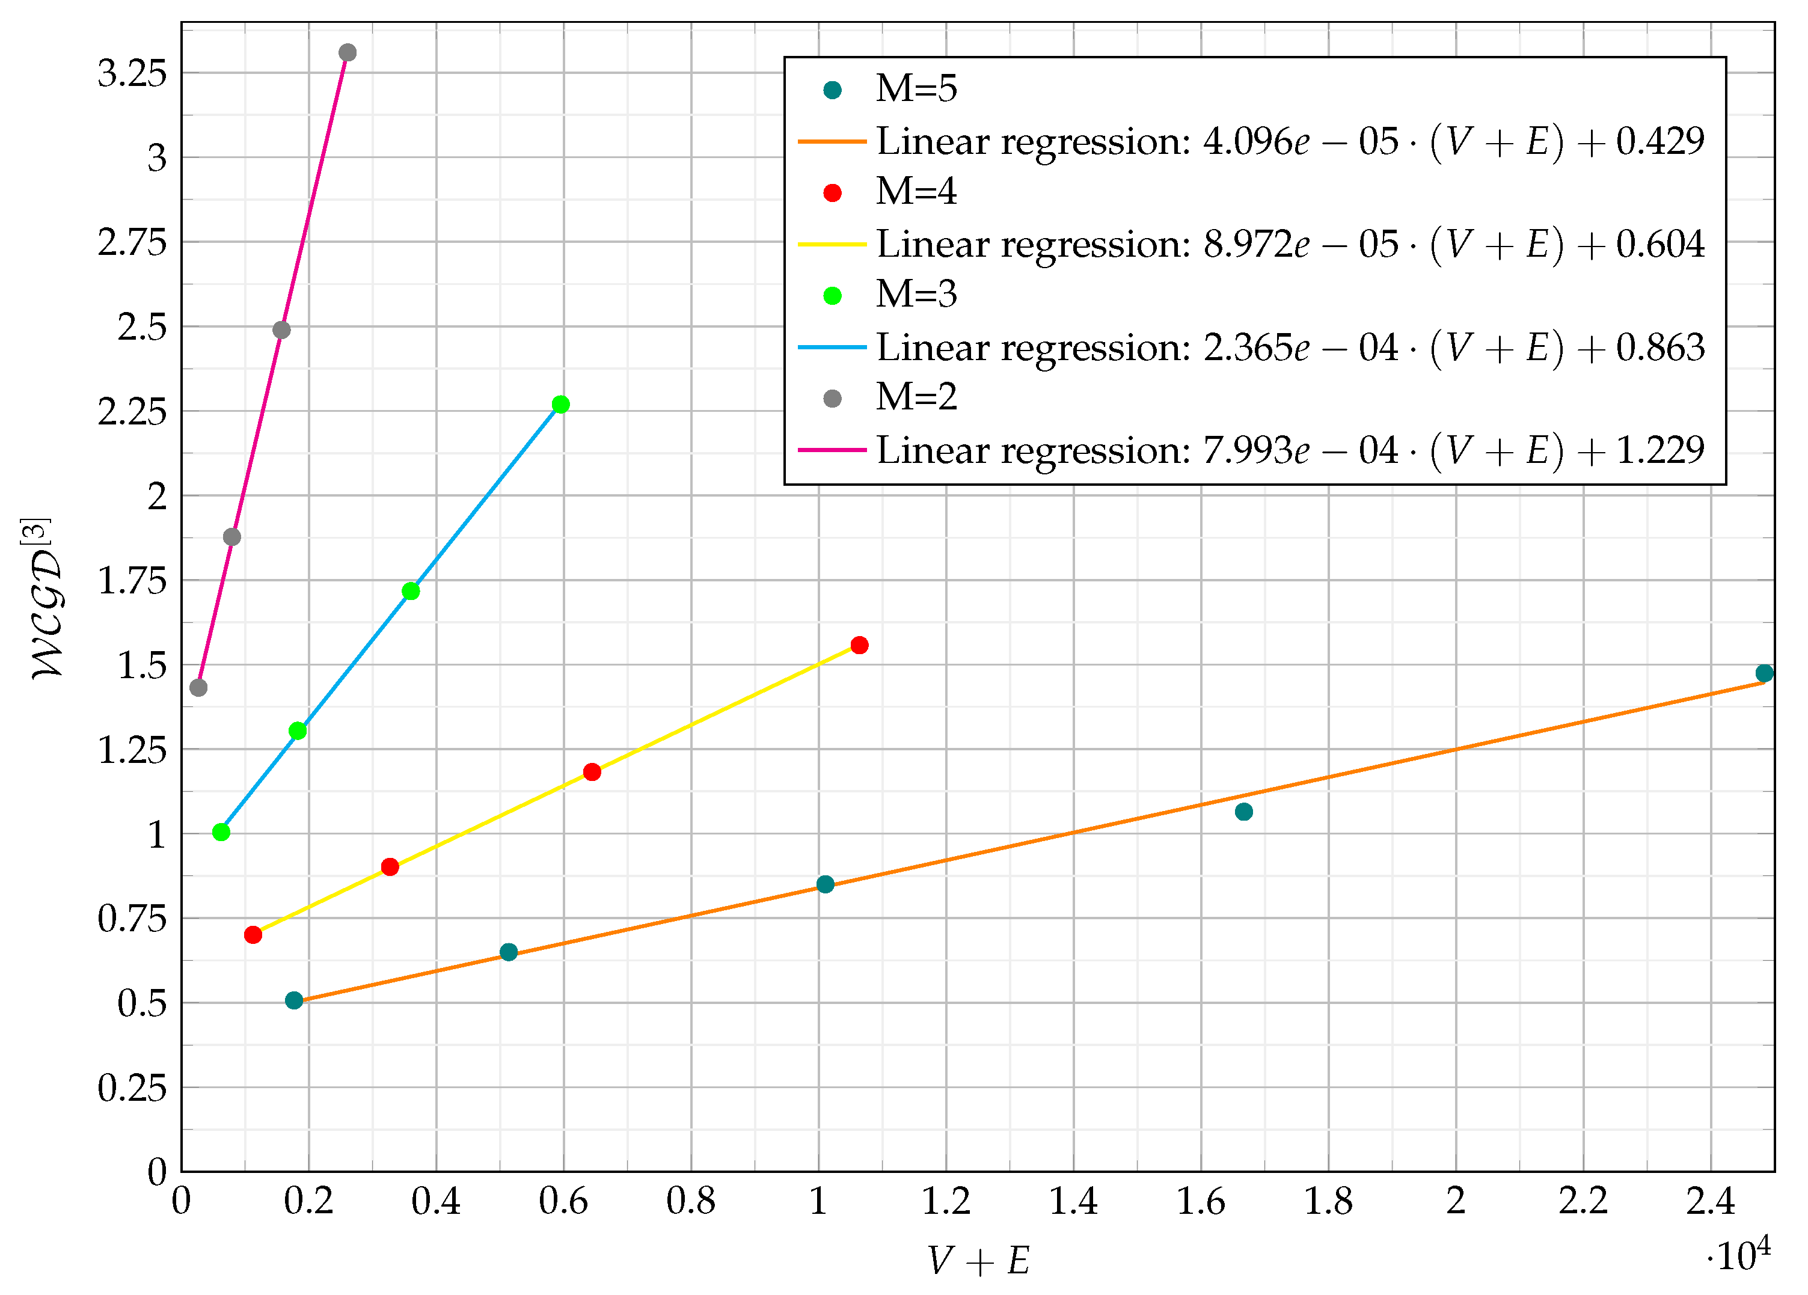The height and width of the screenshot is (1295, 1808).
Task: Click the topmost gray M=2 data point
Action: click(x=348, y=52)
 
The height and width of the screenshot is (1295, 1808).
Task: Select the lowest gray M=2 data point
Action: click(x=198, y=687)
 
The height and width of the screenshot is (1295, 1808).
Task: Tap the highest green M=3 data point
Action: click(x=560, y=404)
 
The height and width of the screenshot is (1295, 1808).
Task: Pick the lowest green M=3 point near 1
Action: click(x=222, y=832)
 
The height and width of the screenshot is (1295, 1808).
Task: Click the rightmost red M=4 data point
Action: click(x=859, y=644)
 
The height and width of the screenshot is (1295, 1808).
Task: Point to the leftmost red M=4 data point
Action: click(x=253, y=935)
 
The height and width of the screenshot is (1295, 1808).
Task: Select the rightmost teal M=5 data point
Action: click(x=1764, y=673)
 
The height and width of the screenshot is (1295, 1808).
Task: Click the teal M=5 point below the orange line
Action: click(x=1243, y=811)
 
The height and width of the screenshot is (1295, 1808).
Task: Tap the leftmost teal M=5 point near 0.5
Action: click(x=294, y=1000)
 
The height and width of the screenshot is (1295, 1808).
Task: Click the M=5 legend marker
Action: click(x=832, y=90)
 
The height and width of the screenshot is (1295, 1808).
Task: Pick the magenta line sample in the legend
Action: click(x=832, y=450)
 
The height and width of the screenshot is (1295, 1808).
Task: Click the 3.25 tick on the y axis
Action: click(x=132, y=73)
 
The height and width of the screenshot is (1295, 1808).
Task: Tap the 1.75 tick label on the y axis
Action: click(x=132, y=581)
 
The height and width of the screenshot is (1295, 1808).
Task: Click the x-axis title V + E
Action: click(x=979, y=1261)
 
